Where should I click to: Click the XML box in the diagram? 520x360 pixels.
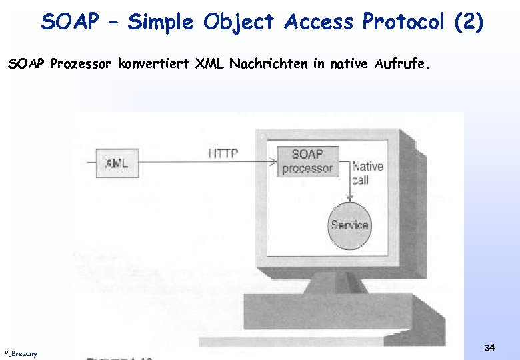116,163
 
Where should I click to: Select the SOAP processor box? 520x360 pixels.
307,161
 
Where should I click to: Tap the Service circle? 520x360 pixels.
349,225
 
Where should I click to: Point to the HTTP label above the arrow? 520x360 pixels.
223,153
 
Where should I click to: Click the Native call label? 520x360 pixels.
367,173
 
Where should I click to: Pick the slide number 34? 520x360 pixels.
489,347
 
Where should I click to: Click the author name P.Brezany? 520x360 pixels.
21,353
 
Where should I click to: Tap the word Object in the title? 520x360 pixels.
239,22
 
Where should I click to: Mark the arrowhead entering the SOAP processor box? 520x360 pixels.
273,161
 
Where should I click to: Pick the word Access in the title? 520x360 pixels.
319,22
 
